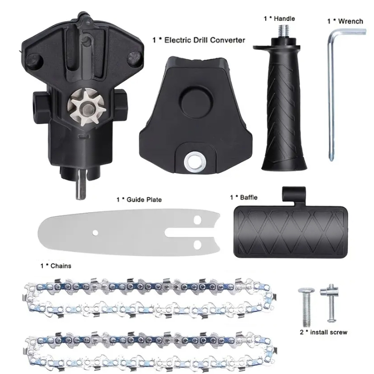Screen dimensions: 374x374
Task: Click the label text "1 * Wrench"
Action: (x=345, y=21)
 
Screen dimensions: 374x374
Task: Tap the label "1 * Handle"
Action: (x=279, y=18)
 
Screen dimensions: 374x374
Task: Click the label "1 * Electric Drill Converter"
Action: (x=199, y=40)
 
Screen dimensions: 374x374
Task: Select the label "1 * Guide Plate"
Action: (x=139, y=200)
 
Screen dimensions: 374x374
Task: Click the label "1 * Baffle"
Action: (x=243, y=197)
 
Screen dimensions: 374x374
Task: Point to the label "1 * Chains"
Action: (x=56, y=266)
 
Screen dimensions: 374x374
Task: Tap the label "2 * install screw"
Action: (x=324, y=332)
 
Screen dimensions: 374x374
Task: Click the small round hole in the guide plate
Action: (x=95, y=233)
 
